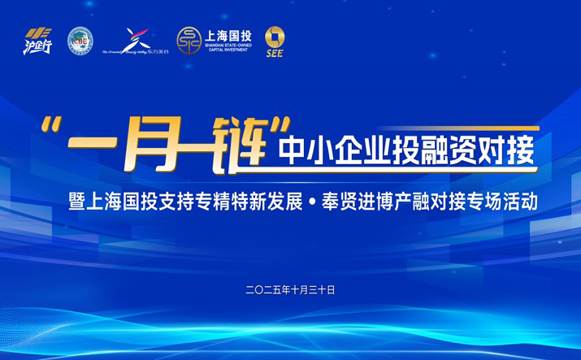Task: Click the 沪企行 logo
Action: [37, 41]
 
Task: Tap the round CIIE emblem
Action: [80, 41]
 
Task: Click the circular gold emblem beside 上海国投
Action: [189, 40]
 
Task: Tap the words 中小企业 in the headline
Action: [335, 148]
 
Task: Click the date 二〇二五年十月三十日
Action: [290, 289]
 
